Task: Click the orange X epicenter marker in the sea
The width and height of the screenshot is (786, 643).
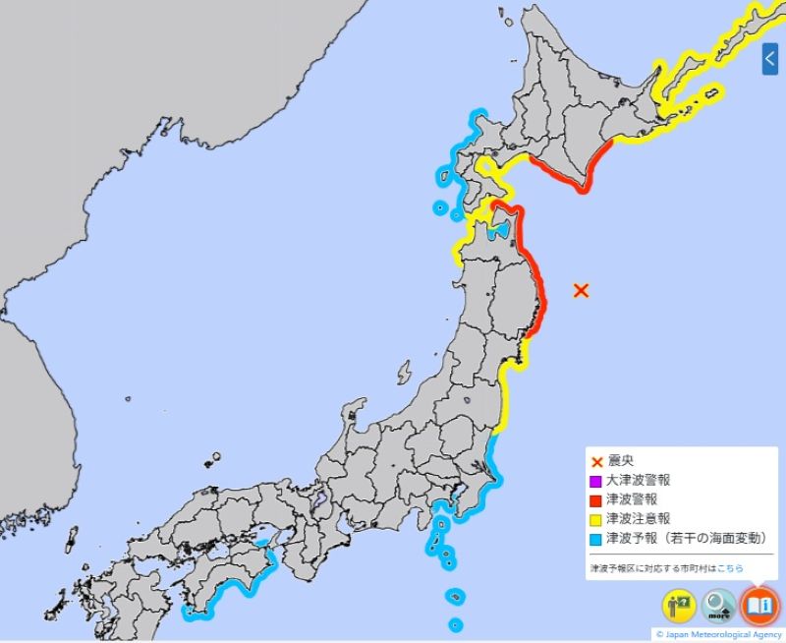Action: coord(581,290)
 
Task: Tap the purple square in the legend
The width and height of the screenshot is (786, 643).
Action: coord(594,482)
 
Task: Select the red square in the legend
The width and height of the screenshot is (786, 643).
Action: coord(594,500)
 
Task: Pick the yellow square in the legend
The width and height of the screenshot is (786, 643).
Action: coord(594,519)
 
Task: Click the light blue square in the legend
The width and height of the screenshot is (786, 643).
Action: coord(594,538)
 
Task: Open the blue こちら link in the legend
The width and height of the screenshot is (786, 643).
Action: coord(730,568)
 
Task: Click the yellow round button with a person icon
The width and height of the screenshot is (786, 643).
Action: coord(679,605)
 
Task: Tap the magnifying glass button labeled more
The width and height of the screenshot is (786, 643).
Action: coord(719,605)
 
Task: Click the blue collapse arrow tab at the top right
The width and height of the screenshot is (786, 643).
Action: coord(770,60)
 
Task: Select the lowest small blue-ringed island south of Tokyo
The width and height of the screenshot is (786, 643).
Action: coord(455,624)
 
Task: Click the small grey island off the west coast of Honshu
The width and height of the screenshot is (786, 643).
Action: coord(404,373)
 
